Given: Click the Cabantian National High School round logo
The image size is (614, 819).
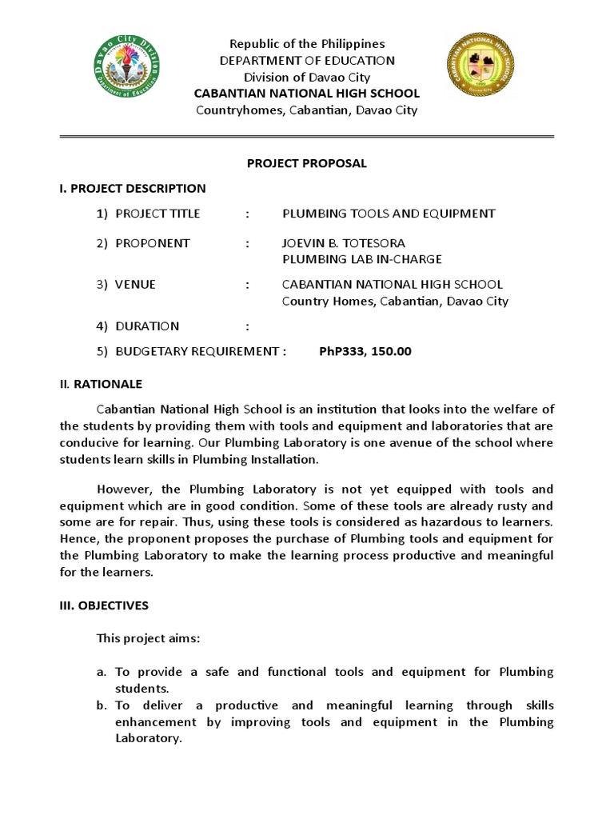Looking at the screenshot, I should coord(480,74).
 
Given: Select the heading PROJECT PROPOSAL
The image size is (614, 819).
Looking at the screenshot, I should coord(307,163).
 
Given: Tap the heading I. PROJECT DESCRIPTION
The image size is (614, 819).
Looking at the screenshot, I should coord(133,189).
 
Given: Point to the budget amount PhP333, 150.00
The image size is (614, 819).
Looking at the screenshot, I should coord(365,351).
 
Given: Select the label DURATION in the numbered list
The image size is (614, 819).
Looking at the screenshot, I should coord(147,326).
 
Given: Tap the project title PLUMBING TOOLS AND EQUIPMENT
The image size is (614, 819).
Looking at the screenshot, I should coord(389,214).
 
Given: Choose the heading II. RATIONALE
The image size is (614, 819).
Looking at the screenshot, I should coord(101,384).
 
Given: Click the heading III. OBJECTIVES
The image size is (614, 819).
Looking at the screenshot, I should coord(104,605).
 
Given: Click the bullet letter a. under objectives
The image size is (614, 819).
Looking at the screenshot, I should coord(102,672).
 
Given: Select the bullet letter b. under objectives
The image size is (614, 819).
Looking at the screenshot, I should coord(102,705).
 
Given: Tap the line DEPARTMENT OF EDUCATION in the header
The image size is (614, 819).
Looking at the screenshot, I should coord(307,60).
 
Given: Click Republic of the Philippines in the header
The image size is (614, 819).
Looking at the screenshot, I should coord(307,44).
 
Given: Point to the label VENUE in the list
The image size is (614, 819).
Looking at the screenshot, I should coord(135,285).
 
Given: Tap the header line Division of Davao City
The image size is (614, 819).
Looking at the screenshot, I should coord(307,77).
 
